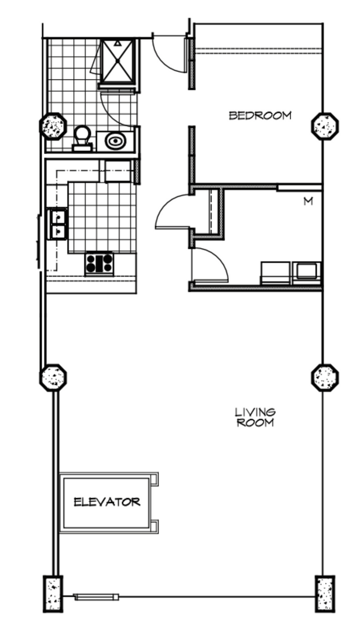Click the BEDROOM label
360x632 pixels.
[x=259, y=116]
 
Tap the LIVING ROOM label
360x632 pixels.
[x=255, y=418]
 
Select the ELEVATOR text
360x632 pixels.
[x=107, y=502]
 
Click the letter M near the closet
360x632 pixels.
[x=308, y=202]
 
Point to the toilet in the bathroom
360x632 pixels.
[x=82, y=138]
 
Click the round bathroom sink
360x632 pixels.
[x=115, y=140]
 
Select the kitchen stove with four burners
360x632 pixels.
[x=99, y=263]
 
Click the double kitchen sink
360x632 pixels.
[x=58, y=224]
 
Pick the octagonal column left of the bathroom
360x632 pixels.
[x=53, y=126]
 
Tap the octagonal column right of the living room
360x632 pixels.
[x=325, y=377]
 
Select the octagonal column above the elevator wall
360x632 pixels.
[x=53, y=377]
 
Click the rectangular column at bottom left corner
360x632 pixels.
[x=53, y=593]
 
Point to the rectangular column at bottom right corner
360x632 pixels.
[x=325, y=593]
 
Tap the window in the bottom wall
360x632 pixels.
[x=97, y=597]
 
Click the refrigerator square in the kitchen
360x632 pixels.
[x=119, y=171]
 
